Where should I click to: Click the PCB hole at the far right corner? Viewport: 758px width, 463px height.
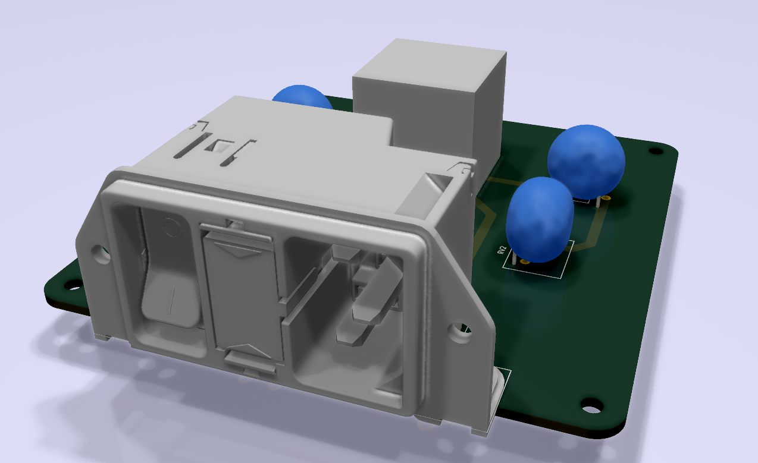(655, 151)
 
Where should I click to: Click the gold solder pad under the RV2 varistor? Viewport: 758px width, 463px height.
(524, 261)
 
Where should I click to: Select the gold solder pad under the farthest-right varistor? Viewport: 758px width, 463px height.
(606, 198)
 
